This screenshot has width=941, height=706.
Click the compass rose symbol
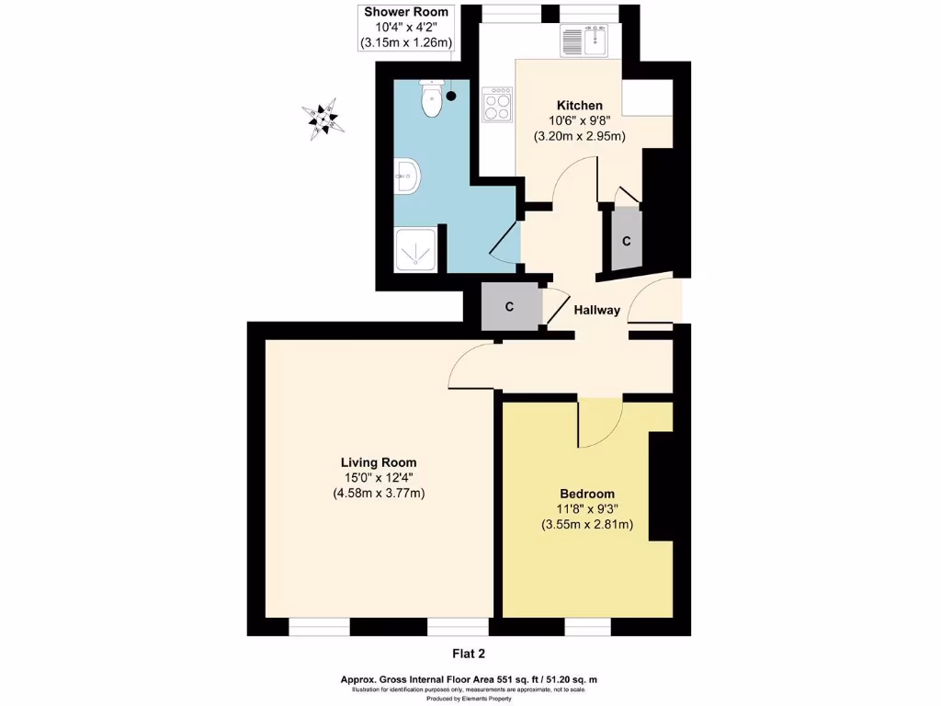click(323, 119)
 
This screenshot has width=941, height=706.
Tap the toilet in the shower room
click(430, 99)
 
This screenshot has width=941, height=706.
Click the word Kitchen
click(575, 106)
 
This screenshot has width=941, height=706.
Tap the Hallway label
click(597, 311)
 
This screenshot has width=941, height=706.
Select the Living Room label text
click(379, 462)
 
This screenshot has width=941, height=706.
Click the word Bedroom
click(587, 494)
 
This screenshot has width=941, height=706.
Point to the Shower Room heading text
click(406, 12)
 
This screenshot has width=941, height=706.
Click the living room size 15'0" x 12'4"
click(379, 478)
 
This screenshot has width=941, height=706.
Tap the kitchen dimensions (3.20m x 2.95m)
click(579, 136)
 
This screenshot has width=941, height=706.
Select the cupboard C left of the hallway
click(508, 306)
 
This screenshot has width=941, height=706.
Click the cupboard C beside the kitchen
click(627, 241)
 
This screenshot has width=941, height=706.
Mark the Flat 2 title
click(469, 654)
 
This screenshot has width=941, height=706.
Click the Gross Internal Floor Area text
click(469, 680)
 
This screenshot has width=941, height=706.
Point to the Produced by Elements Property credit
click(469, 699)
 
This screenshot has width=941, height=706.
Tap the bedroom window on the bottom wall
click(587, 627)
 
